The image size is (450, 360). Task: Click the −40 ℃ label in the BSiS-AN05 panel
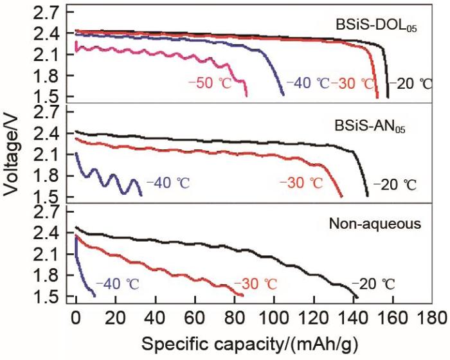click(x=168, y=183)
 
